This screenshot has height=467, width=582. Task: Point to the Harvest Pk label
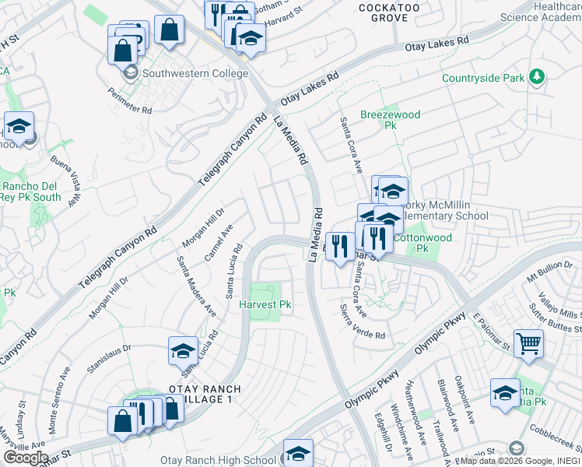(265, 304)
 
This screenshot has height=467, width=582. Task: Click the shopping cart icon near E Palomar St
(528, 342)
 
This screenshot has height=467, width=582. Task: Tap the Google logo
(26, 458)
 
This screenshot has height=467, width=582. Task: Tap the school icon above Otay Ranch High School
(297, 452)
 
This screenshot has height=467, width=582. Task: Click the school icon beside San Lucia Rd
(183, 350)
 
